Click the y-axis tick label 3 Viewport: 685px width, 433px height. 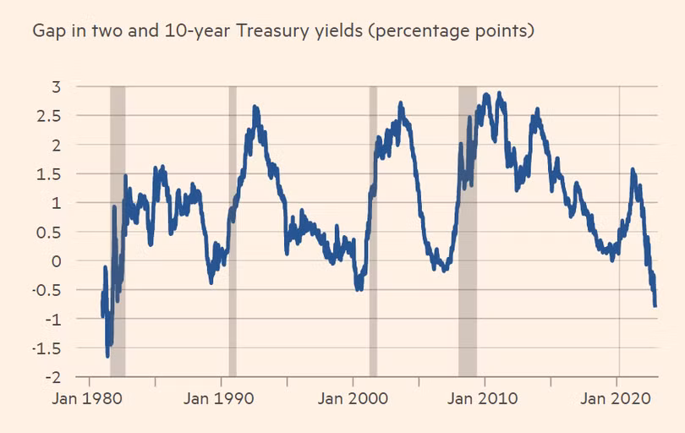click(56, 86)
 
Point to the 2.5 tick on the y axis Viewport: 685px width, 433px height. click(50, 116)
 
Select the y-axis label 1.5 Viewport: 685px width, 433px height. click(50, 173)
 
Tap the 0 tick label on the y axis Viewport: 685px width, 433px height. click(56, 260)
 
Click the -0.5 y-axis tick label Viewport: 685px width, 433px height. click(47, 290)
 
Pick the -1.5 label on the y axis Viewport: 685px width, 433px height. click(47, 348)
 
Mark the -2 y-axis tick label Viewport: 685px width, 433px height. click(52, 377)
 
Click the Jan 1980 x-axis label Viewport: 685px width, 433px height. click(90, 398)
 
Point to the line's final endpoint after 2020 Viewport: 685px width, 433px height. click(655, 305)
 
